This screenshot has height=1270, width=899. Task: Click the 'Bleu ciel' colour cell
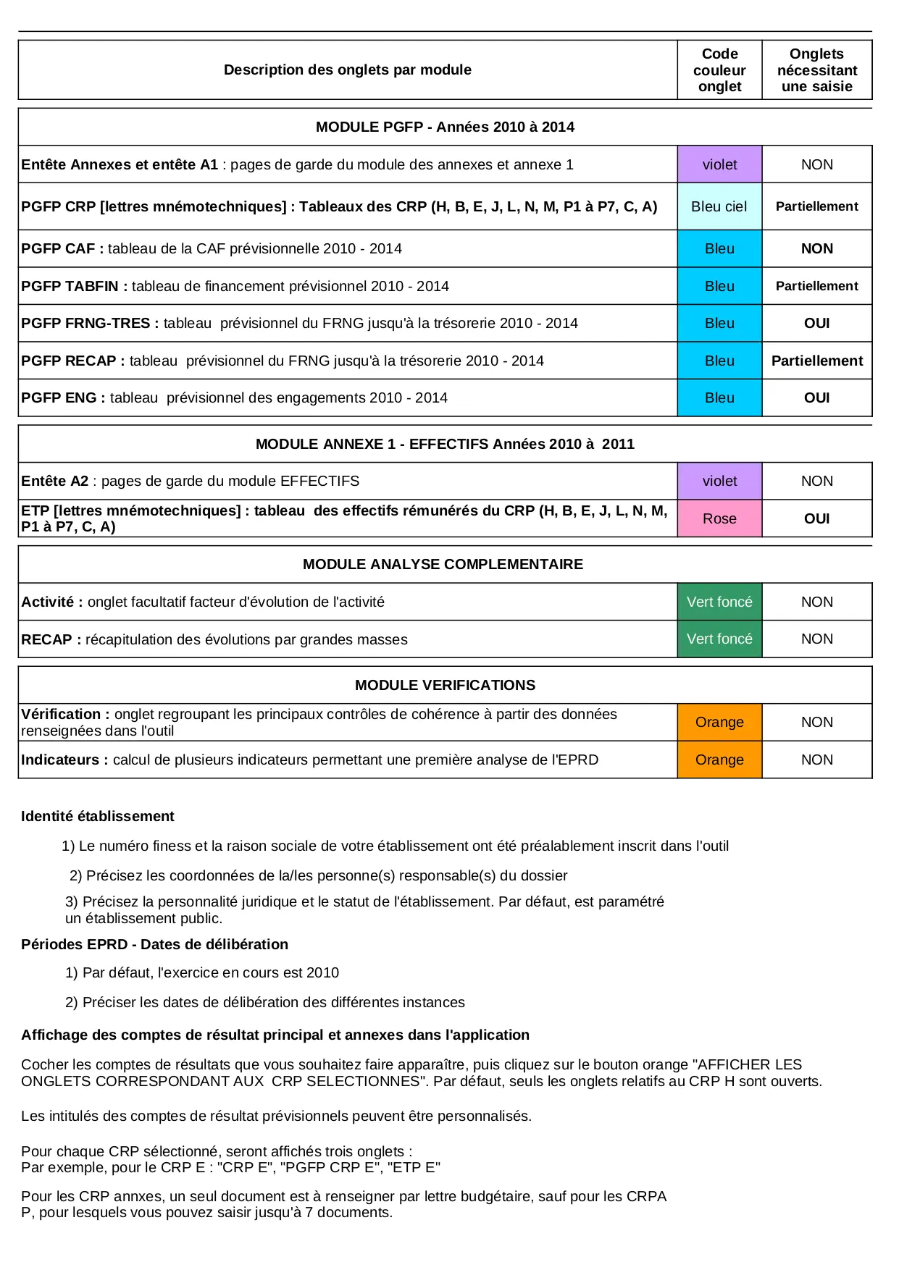point(719,206)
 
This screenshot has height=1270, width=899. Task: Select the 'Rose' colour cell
point(719,518)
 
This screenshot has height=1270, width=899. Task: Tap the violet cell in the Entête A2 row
point(719,481)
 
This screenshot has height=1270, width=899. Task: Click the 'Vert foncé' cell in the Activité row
point(719,602)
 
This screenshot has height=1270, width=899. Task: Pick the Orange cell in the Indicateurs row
point(719,760)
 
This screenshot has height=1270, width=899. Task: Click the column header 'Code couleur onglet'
point(719,70)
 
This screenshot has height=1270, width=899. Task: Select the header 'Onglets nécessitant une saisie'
point(816,70)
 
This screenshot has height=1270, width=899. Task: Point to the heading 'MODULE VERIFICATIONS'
point(445,685)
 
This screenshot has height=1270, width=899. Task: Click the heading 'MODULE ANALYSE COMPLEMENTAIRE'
point(443,564)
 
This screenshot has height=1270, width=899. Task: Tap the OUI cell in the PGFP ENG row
point(816,398)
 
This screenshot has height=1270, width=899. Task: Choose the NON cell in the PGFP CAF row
point(816,248)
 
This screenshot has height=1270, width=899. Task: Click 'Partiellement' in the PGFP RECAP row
point(816,361)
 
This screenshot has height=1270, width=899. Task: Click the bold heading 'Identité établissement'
point(98,816)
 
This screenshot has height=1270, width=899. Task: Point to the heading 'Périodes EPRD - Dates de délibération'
point(154,944)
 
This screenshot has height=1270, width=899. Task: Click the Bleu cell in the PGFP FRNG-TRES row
point(719,323)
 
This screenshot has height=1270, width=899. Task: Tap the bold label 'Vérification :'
point(65,715)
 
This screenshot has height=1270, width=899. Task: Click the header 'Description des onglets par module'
point(347,70)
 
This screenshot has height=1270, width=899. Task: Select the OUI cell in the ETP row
point(816,518)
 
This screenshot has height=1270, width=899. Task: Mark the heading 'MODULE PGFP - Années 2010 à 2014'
point(445,127)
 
